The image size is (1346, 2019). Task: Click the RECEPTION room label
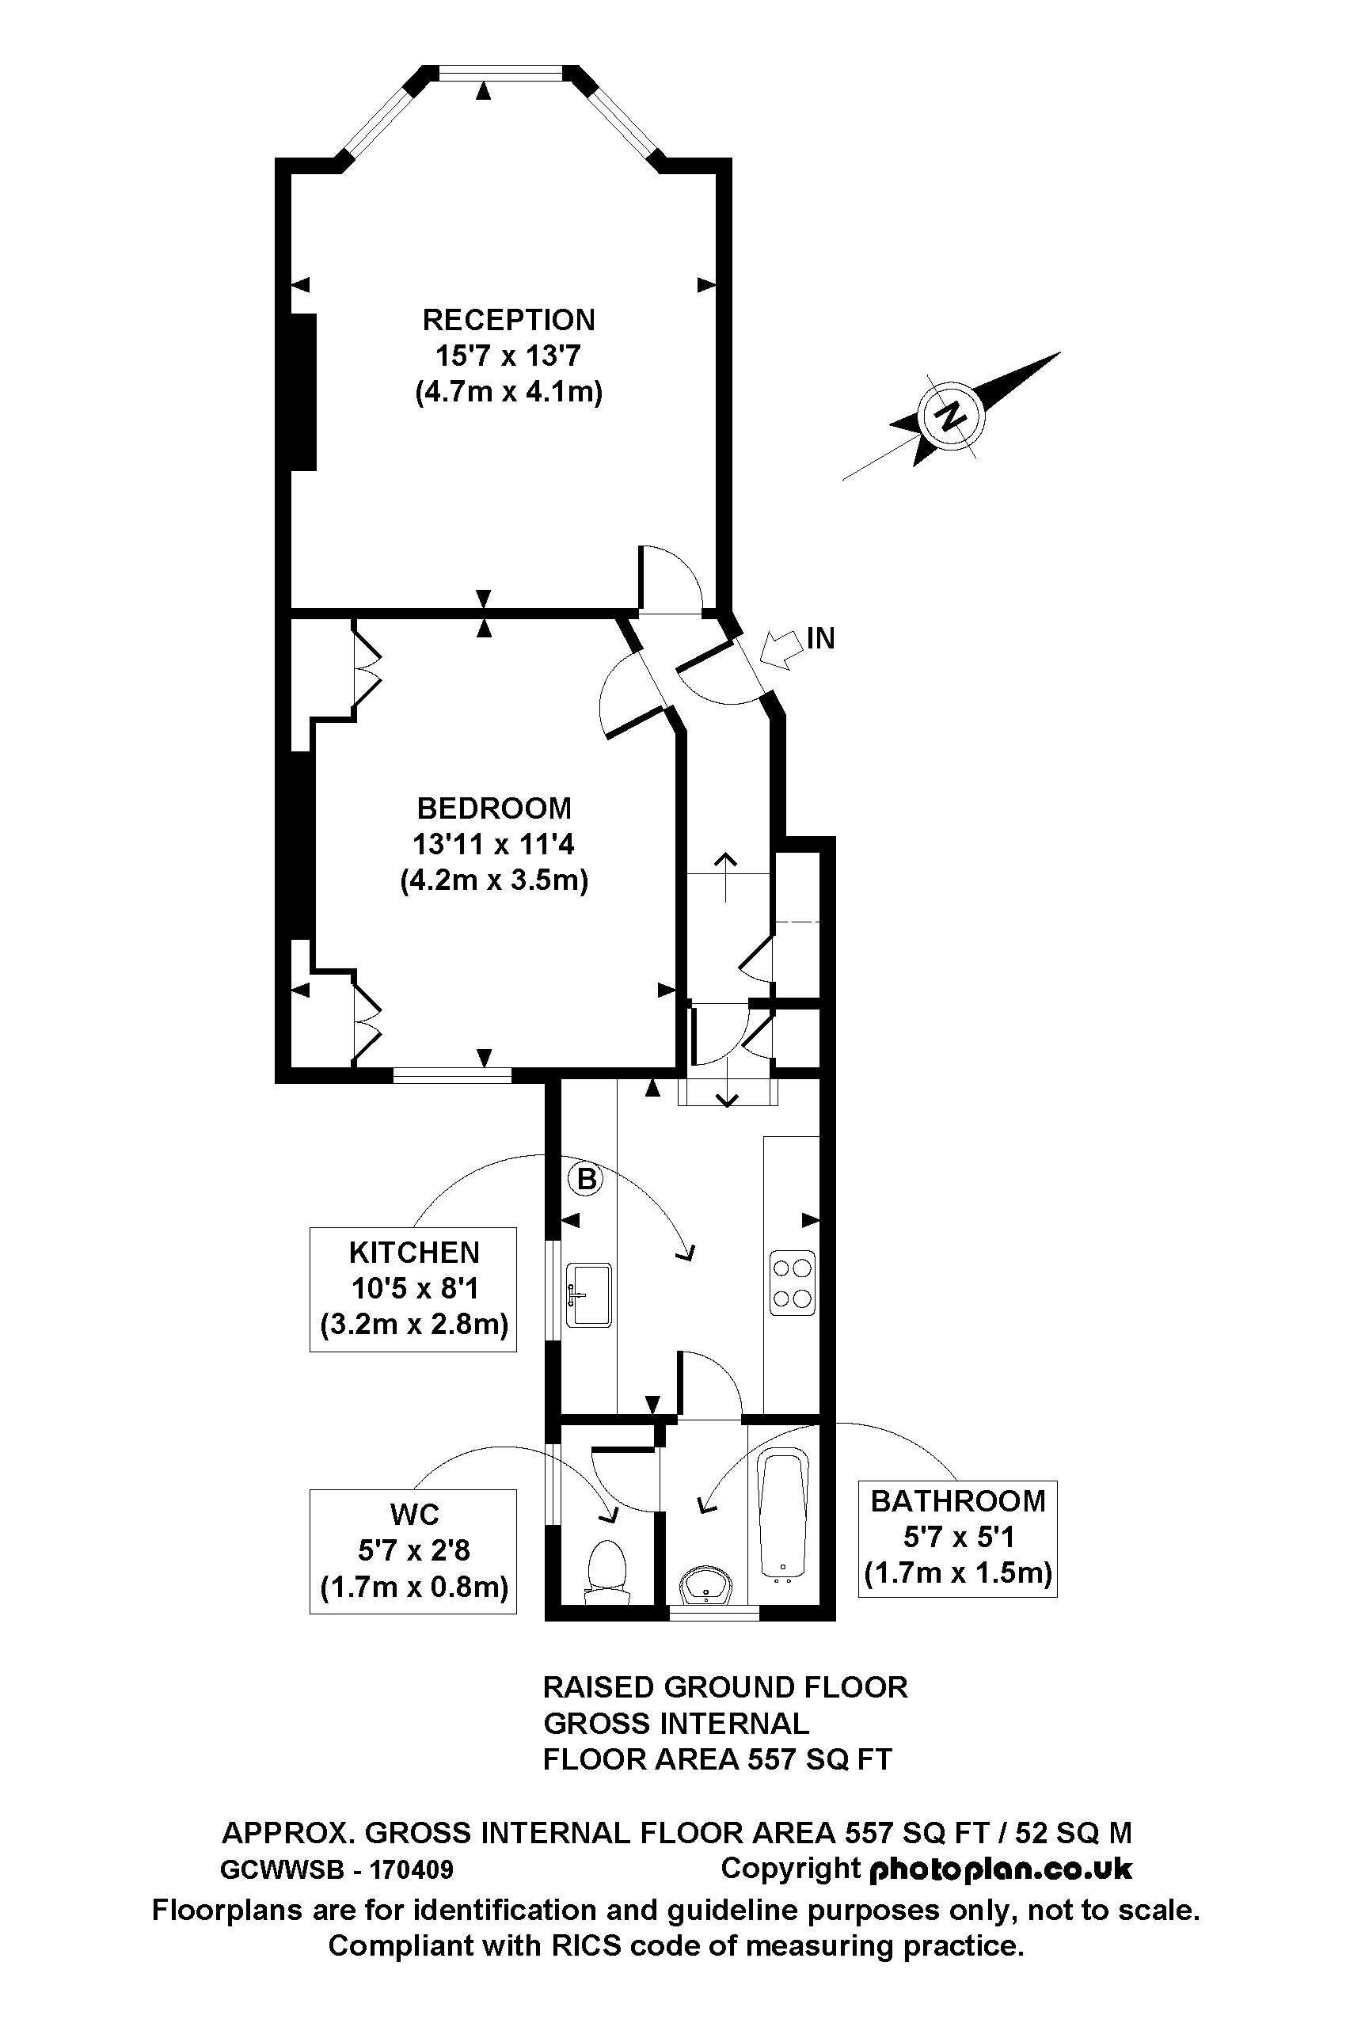click(508, 320)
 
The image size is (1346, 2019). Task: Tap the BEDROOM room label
click(493, 808)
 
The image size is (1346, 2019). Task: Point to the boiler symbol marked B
click(586, 1179)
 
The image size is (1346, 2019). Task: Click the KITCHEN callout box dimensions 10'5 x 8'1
click(414, 1288)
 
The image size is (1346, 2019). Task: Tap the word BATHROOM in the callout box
click(957, 1501)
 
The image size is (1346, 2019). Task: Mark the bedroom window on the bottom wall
click(452, 1074)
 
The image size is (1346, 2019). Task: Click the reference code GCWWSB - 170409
click(337, 1869)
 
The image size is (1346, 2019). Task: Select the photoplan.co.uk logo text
click(1001, 1869)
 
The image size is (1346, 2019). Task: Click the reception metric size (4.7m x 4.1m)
click(508, 392)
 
